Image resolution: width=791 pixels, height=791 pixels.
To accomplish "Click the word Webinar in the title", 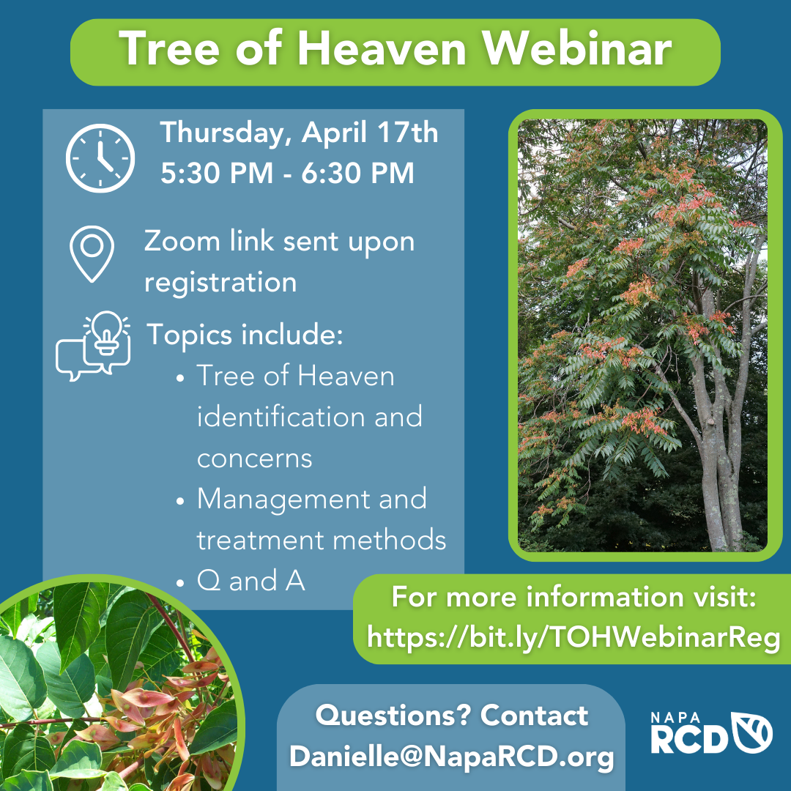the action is click(x=576, y=48).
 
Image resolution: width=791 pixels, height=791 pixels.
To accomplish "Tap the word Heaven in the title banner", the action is click(x=382, y=48).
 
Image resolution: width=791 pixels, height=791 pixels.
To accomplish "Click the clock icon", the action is click(x=100, y=158).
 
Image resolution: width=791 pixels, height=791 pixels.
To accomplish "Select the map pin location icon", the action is click(x=92, y=253).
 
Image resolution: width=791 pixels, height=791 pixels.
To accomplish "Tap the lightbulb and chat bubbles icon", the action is click(x=93, y=346).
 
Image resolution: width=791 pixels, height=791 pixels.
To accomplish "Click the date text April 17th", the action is click(x=370, y=133).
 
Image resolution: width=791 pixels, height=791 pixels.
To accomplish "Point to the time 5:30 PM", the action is click(x=217, y=173).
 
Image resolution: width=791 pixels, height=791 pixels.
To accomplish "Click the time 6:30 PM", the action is click(x=357, y=173).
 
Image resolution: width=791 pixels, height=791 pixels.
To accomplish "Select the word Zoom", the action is click(x=182, y=241).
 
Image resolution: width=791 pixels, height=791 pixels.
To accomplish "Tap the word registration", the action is click(x=220, y=283).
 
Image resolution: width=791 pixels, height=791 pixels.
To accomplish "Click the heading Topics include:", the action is click(x=245, y=335).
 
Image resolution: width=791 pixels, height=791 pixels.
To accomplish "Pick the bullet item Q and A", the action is click(x=250, y=581).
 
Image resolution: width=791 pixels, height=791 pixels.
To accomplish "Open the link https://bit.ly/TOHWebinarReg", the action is click(x=573, y=638).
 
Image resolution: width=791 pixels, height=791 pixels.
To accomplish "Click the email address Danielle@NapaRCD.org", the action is click(x=451, y=757).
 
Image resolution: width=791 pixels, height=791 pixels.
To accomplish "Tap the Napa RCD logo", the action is click(x=711, y=733).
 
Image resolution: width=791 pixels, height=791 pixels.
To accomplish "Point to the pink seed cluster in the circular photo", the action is click(x=152, y=716).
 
